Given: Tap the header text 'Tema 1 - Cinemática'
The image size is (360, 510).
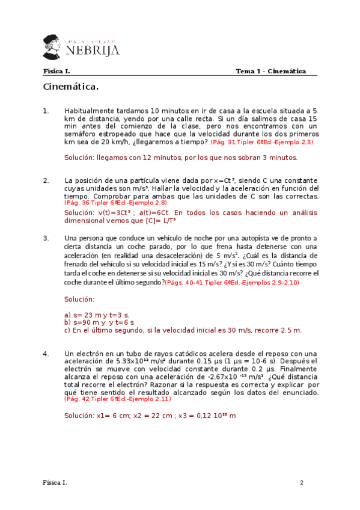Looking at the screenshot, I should coord(270,71).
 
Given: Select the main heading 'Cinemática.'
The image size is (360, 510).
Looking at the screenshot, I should coord(71,87).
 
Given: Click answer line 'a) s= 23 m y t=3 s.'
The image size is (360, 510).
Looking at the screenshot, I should coord(96,315).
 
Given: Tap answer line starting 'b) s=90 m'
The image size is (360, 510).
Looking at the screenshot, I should coord(99,322).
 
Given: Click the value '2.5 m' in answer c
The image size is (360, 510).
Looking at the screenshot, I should coord(290,330).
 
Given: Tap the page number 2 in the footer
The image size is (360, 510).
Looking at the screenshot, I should coord(302,483).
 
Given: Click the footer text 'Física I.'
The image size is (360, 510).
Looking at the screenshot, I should coord(55,483).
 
